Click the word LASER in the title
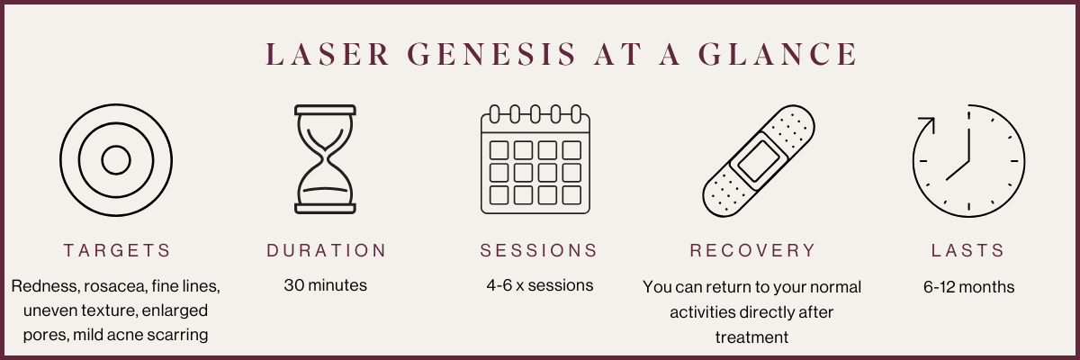coord(328,53)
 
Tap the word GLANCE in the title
coord(778,53)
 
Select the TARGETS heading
coord(117,250)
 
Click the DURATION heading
coord(327,250)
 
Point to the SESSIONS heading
coord(539,250)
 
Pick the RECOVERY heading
coord(752,250)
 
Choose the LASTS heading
coord(968,250)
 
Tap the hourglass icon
coord(326,159)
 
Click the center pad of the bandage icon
coord(759,161)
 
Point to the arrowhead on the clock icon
coord(928,124)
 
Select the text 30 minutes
coord(326,285)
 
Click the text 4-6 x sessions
coord(539,285)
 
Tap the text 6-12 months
coord(968,287)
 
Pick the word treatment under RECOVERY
coord(751,337)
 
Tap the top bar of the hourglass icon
coord(326,110)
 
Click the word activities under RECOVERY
coord(703,312)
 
